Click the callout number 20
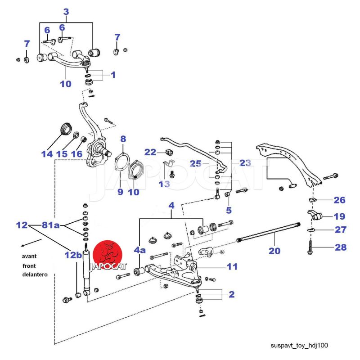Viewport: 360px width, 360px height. (274, 250)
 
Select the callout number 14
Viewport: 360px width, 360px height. (47, 154)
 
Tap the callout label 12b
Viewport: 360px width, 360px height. (73, 255)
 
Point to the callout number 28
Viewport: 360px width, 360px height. (340, 247)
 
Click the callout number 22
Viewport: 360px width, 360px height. (150, 152)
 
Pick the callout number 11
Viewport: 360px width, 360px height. (232, 266)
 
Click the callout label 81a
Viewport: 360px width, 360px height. (50, 225)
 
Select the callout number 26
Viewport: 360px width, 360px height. (339, 199)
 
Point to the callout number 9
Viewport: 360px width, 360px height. (120, 192)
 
